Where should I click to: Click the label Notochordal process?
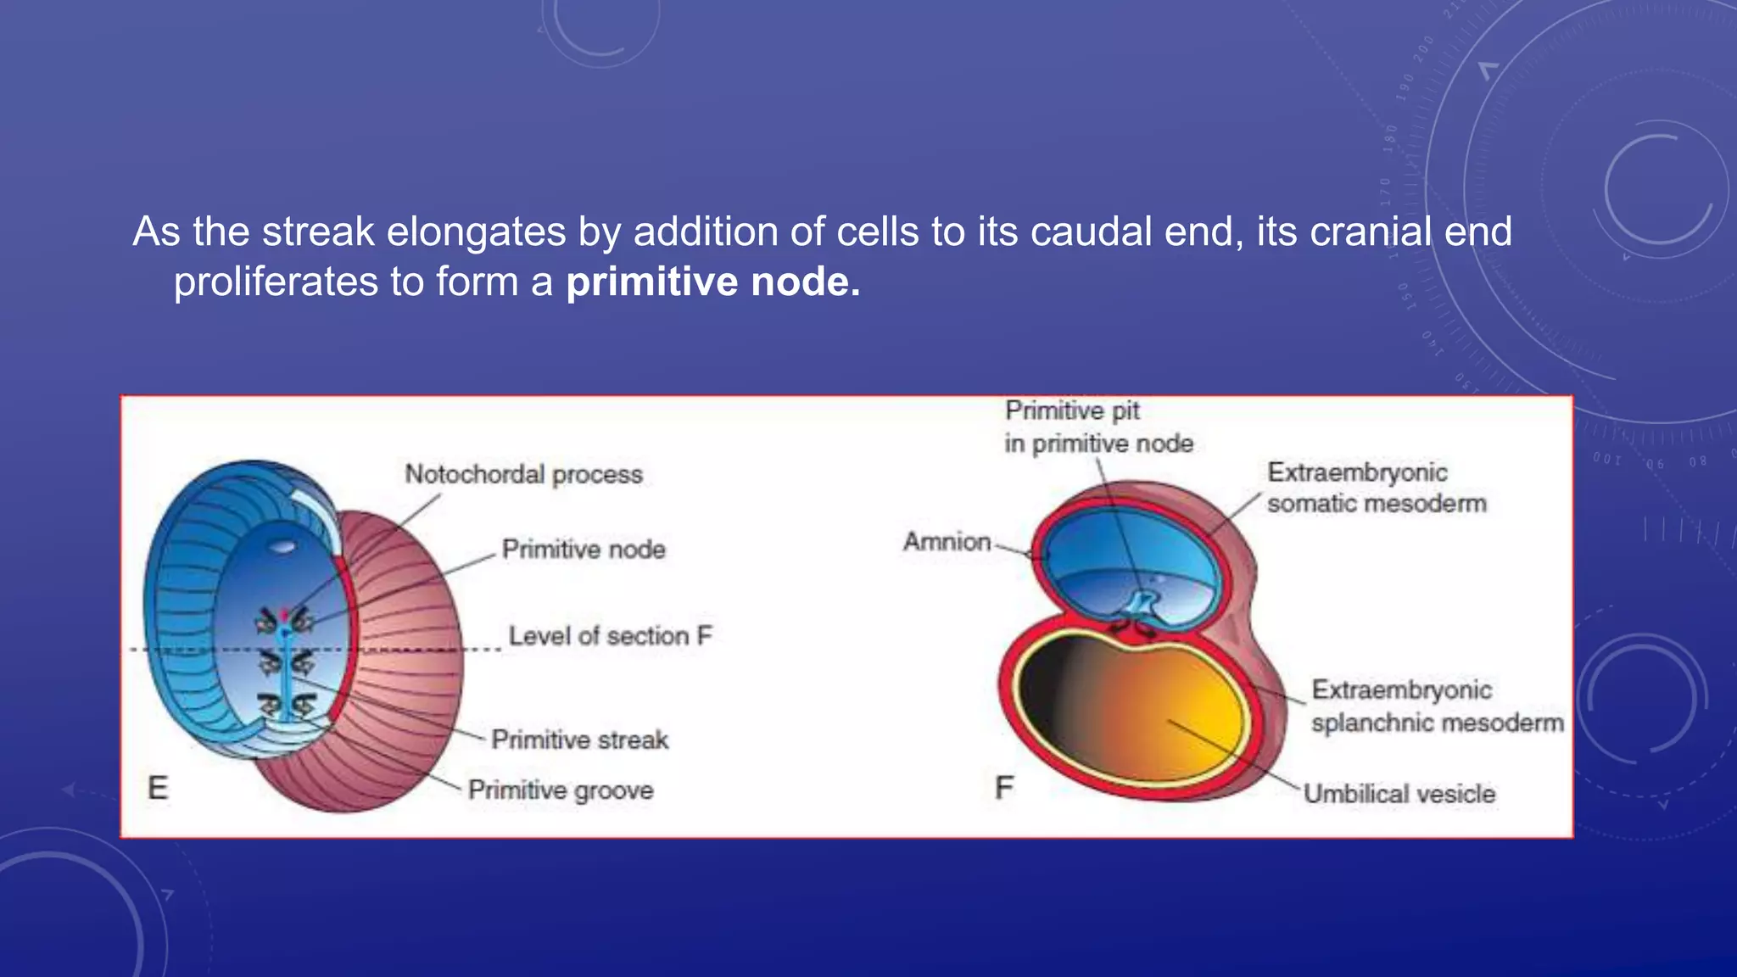(523, 474)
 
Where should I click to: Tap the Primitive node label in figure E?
(584, 550)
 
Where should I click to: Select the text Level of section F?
(610, 636)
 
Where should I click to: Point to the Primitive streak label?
(580, 740)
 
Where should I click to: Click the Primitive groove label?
(561, 790)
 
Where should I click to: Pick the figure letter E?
(158, 788)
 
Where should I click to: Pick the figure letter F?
(1004, 788)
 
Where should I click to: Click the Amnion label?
(947, 542)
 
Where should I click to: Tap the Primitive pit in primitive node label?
(1098, 427)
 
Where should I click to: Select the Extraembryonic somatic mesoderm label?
(1376, 488)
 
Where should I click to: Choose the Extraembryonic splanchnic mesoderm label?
(1437, 706)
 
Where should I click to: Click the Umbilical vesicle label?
(1399, 794)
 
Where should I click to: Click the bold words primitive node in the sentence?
(712, 282)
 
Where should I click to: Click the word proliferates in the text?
(276, 282)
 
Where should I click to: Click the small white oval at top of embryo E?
(282, 547)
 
